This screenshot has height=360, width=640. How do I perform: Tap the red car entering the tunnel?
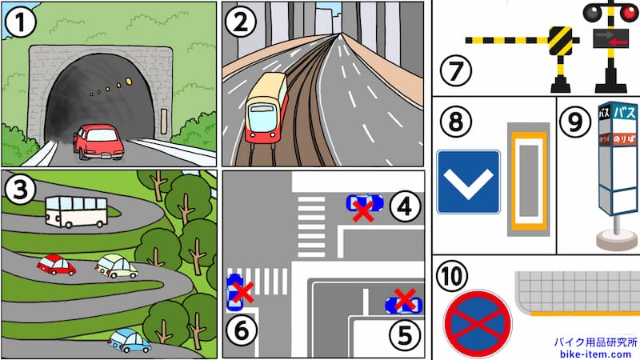pyautogui.click(x=99, y=142)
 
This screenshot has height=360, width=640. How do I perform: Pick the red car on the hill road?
pyautogui.click(x=56, y=265)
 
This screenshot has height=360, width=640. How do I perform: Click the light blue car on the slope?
pyautogui.click(x=129, y=340)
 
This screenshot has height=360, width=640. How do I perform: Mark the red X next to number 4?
pyautogui.click(x=364, y=210)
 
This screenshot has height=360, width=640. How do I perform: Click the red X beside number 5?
pyautogui.click(x=406, y=302)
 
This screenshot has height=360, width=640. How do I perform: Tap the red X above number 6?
pyautogui.click(x=242, y=292)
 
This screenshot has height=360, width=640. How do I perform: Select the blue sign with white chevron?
pyautogui.click(x=468, y=182)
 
